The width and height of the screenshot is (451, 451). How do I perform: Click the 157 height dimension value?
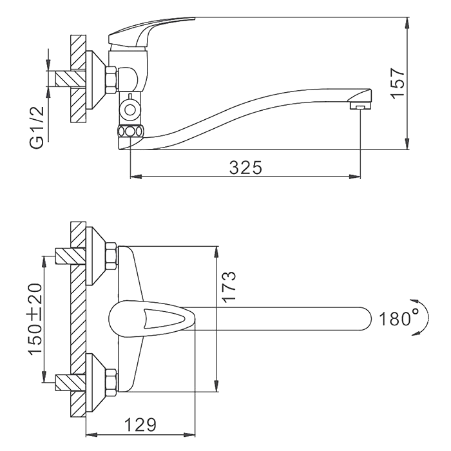399,82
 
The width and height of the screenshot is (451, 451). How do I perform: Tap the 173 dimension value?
229,287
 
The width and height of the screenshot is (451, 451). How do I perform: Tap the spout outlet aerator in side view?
360,104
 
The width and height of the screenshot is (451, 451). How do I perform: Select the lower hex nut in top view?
110,381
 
